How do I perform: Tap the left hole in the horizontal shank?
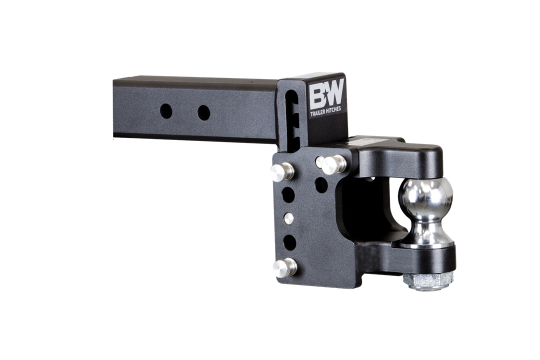point(166,111)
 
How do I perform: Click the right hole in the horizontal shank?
point(204,113)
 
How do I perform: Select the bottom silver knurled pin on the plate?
point(284,267)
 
